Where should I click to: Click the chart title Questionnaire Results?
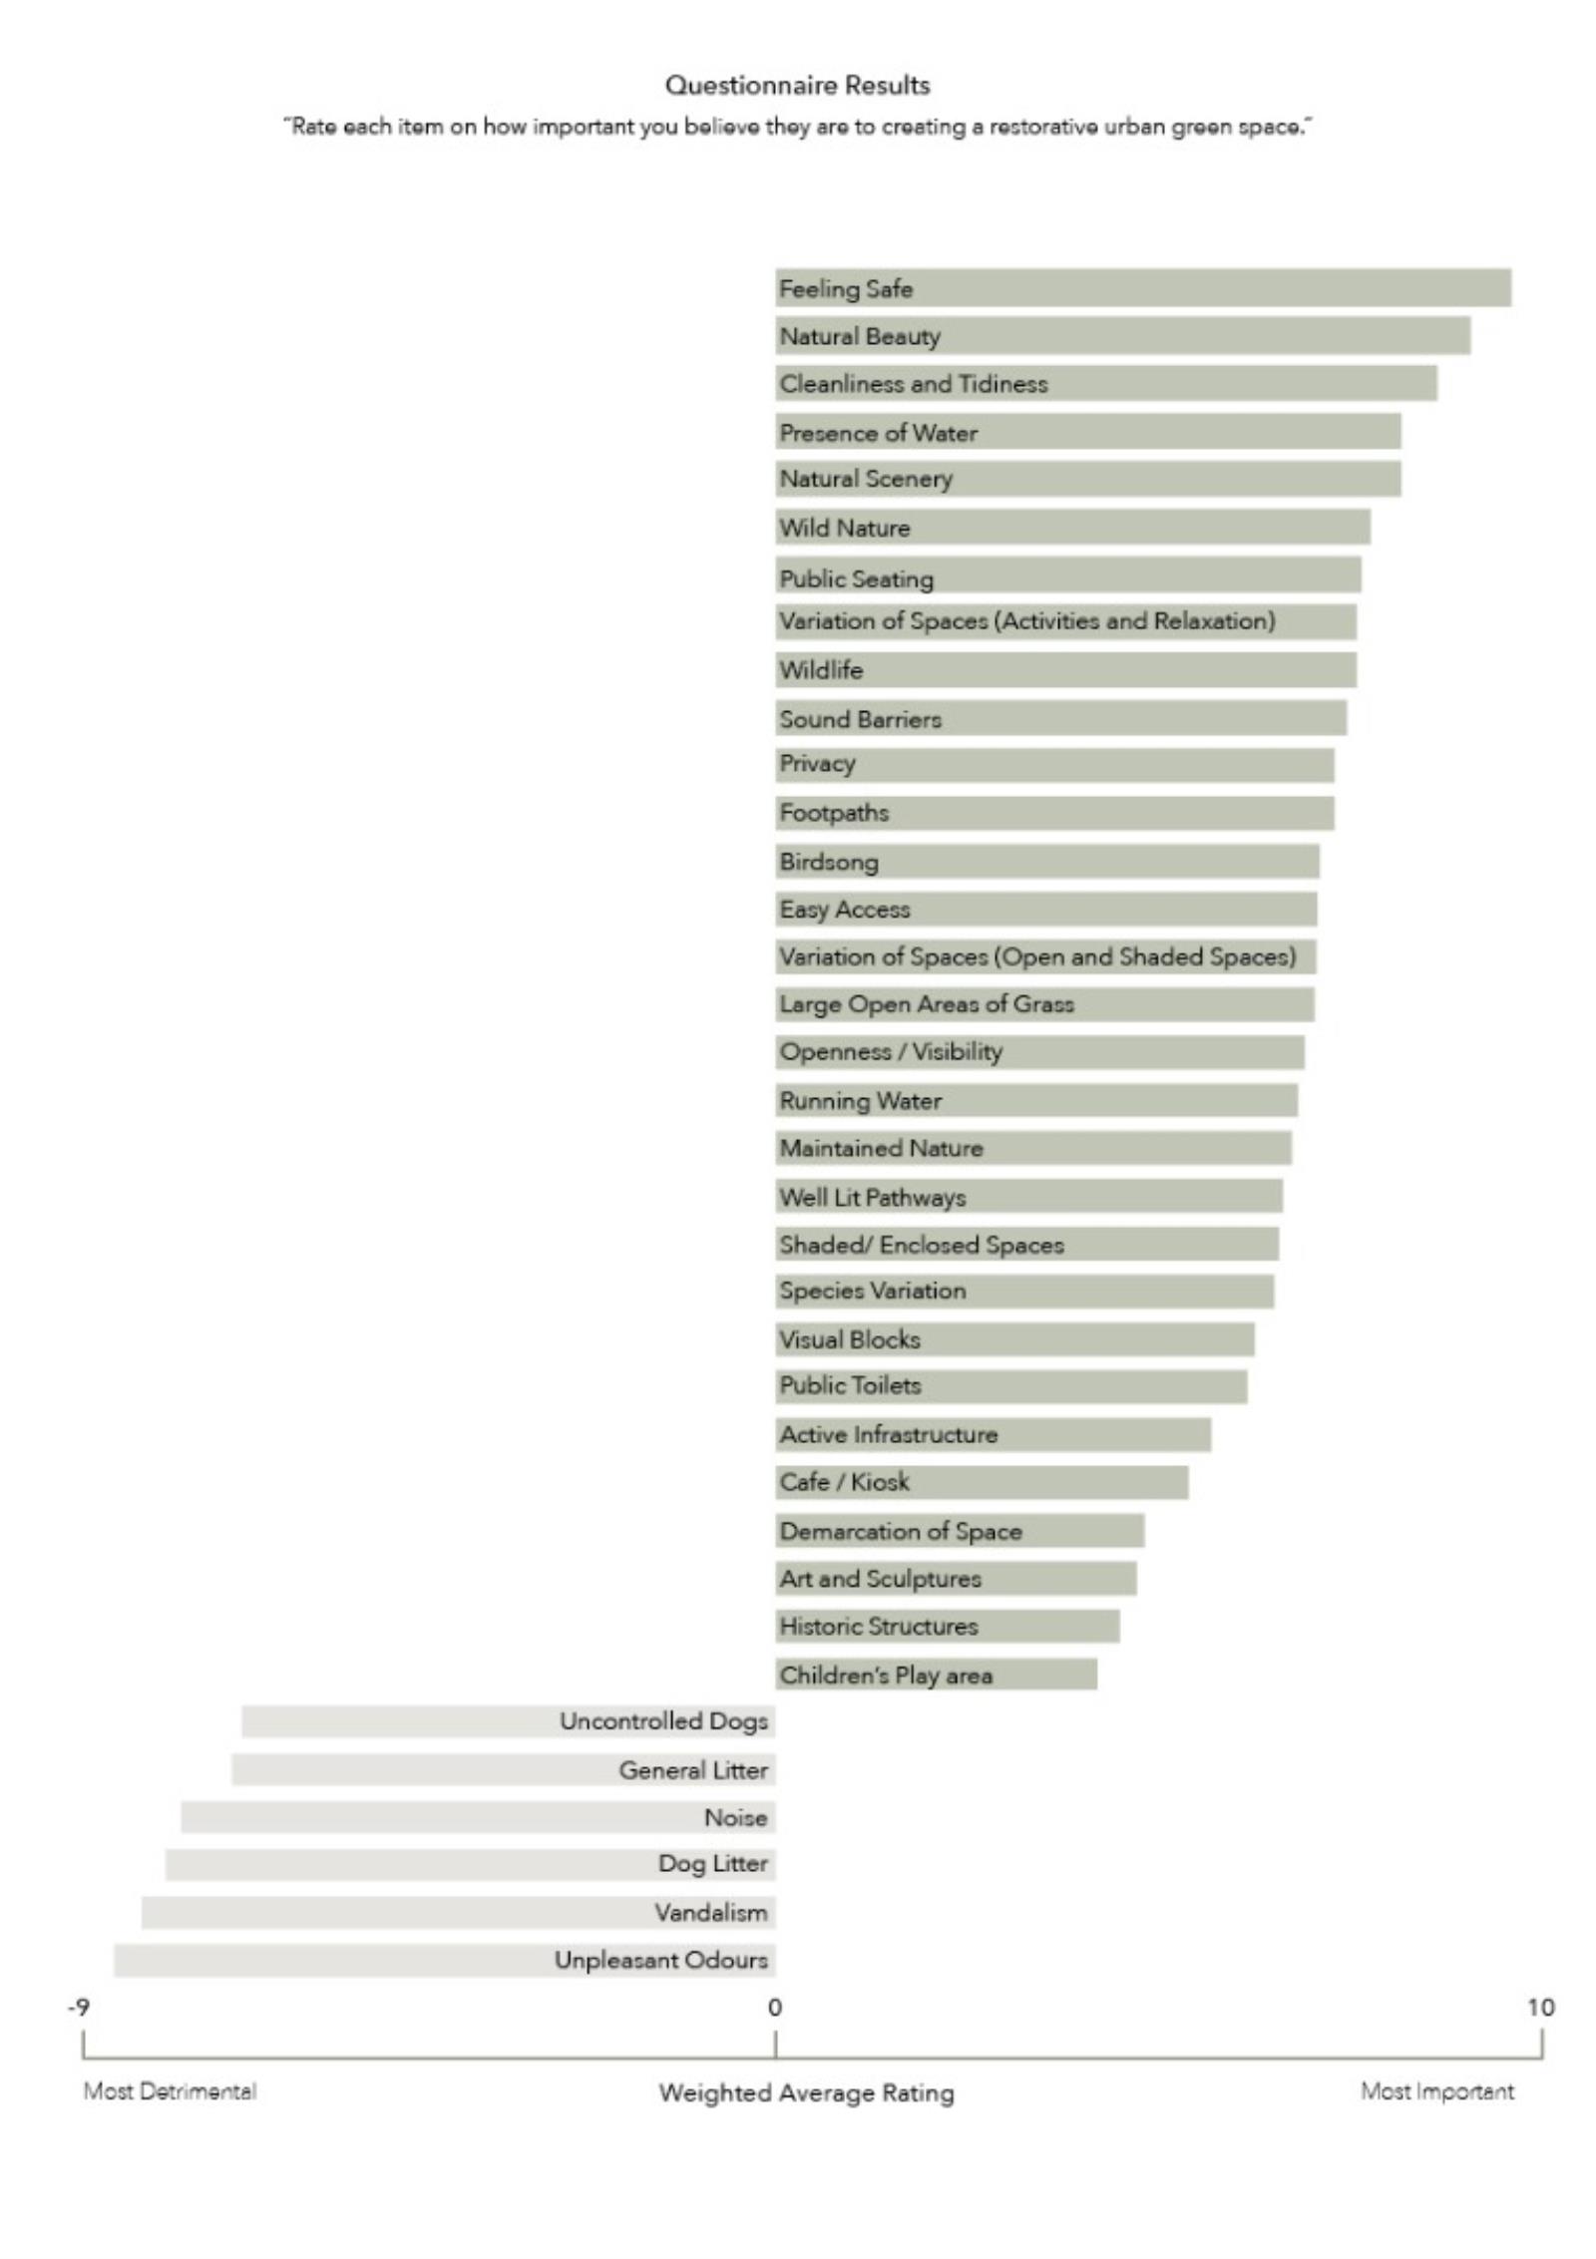(x=797, y=86)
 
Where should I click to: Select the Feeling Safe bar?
(x=1142, y=287)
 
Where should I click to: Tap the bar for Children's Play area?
(x=936, y=1675)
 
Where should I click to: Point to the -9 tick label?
(x=78, y=2007)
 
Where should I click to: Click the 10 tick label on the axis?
(x=1540, y=2007)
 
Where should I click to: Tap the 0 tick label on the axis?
(x=775, y=2007)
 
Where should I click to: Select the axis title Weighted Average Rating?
(x=806, y=2092)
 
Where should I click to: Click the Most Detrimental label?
(x=170, y=2090)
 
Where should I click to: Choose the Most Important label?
(x=1436, y=2090)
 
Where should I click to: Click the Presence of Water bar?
(x=1087, y=432)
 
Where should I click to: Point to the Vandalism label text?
(x=711, y=1912)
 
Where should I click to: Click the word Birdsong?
(x=829, y=862)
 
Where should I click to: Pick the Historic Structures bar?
(x=947, y=1626)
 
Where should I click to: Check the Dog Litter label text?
(x=712, y=1863)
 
